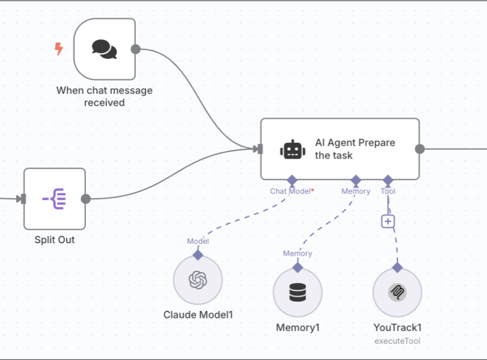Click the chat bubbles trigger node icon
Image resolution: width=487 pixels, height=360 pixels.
105,49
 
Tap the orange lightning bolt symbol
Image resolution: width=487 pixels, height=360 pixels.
59,49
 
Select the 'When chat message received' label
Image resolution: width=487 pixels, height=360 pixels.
104,96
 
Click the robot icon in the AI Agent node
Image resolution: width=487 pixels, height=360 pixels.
292,149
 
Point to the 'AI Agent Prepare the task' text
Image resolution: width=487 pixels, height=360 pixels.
354,149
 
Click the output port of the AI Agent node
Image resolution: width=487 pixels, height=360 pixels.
420,149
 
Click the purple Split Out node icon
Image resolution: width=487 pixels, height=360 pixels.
54,198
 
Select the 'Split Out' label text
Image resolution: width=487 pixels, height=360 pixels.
55,239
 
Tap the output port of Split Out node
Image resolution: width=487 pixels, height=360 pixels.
86,199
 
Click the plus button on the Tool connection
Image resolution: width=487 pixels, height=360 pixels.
388,222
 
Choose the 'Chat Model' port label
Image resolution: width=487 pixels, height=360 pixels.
290,191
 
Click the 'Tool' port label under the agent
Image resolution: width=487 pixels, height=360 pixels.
388,191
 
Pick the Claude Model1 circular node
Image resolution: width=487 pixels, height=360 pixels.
198,279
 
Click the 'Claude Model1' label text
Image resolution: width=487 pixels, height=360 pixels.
198,315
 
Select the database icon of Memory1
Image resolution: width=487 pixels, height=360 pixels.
298,292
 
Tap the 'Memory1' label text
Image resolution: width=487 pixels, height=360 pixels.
298,327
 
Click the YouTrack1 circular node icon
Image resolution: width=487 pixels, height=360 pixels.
398,292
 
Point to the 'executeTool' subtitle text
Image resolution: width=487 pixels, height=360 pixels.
398,341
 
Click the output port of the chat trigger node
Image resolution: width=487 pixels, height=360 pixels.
136,49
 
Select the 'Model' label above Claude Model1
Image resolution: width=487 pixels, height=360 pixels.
198,241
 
